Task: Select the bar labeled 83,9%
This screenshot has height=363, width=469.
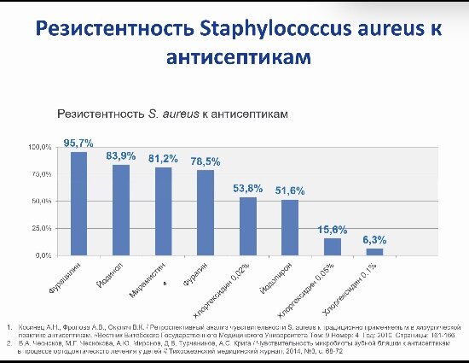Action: click(121, 209)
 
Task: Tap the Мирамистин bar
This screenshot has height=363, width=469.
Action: click(163, 211)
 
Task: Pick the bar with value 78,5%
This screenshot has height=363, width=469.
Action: click(206, 213)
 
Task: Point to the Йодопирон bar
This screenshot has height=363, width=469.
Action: click(290, 227)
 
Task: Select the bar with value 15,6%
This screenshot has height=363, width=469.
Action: click(333, 246)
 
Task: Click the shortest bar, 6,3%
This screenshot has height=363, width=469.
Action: click(375, 251)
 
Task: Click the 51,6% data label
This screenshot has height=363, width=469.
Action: click(290, 190)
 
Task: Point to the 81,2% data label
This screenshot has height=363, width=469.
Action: click(163, 159)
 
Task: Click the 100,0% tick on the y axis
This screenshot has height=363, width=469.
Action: click(41, 148)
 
